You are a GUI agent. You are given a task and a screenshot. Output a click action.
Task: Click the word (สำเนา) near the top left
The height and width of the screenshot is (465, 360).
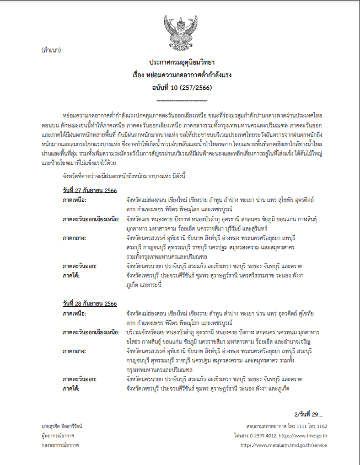[x=51, y=50]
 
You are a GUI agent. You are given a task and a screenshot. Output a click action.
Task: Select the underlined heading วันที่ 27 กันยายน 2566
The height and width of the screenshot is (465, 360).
[x=89, y=191]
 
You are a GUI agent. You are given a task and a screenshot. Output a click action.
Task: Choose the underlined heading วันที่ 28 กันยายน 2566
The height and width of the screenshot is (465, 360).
[x=89, y=304]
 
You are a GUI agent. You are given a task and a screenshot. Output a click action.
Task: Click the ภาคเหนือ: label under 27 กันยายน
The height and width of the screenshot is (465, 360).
[x=78, y=200]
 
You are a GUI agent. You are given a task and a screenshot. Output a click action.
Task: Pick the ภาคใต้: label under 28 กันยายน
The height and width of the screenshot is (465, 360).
[x=74, y=389]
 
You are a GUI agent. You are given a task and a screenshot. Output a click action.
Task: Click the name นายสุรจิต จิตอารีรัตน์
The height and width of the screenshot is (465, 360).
[x=63, y=426]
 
